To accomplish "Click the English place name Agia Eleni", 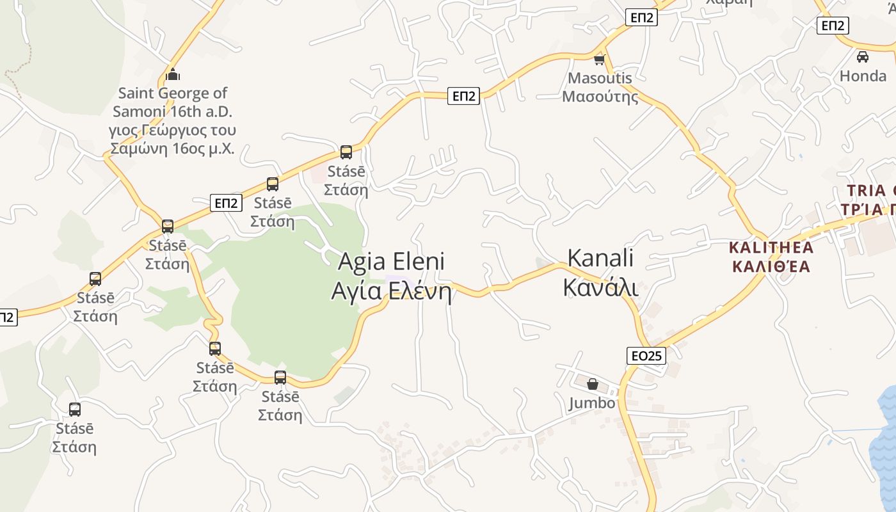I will tap(390, 261).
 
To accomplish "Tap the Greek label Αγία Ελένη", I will tap(390, 291).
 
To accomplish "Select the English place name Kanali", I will tap(600, 258).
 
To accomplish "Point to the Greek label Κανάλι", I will tap(600, 288).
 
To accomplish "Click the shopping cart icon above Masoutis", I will tap(599, 60).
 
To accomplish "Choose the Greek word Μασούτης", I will tap(600, 97).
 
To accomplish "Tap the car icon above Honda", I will tap(863, 57).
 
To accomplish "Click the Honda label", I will tap(863, 76).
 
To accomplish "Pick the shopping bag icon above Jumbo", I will tap(593, 385).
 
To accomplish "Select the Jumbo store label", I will tap(592, 403).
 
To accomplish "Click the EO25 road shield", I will tap(646, 356).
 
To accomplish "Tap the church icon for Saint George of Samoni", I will tap(173, 75).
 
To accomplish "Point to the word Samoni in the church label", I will tap(140, 111).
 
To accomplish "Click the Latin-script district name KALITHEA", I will tap(771, 248).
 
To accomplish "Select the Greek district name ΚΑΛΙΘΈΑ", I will tap(771, 266).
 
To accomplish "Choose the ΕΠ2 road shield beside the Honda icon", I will tap(833, 26).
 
